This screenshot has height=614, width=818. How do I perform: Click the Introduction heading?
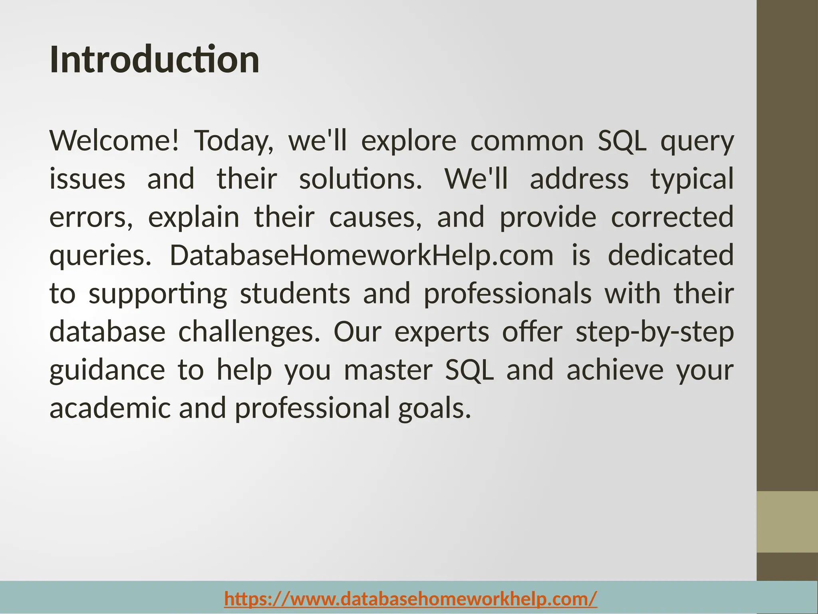point(154,60)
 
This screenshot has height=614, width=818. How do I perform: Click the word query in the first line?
point(697,142)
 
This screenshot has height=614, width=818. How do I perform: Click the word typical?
point(692,179)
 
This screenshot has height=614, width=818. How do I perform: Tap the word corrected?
point(672,217)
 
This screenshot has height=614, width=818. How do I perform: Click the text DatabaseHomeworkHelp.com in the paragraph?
point(361,255)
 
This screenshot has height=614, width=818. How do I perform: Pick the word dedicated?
point(671,255)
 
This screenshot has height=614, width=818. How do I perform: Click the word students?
point(295,294)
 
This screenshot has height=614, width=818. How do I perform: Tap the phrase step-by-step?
point(654,332)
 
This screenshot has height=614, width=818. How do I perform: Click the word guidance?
point(107,371)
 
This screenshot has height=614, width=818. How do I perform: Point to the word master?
point(388,371)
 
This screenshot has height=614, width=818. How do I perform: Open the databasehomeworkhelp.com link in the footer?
point(411,599)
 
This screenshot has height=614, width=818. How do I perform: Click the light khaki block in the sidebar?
point(787,522)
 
